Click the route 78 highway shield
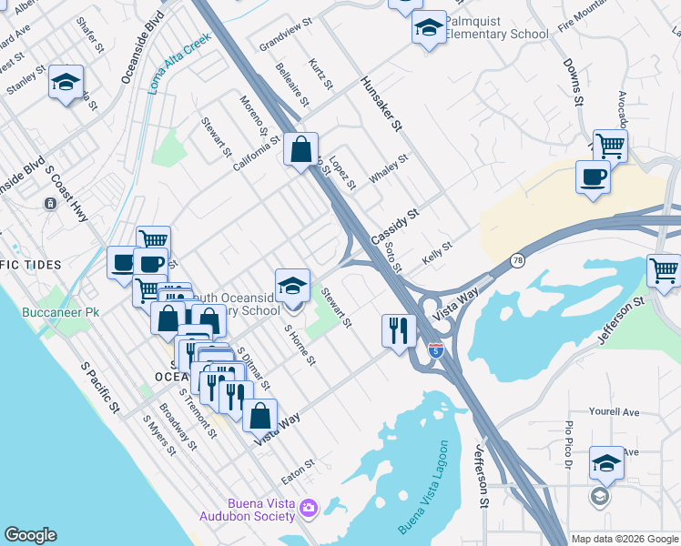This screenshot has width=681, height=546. (x=517, y=260)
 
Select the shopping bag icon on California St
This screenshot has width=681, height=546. (x=300, y=148)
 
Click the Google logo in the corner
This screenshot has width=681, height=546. (x=30, y=535)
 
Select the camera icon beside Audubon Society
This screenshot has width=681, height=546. (x=309, y=507)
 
